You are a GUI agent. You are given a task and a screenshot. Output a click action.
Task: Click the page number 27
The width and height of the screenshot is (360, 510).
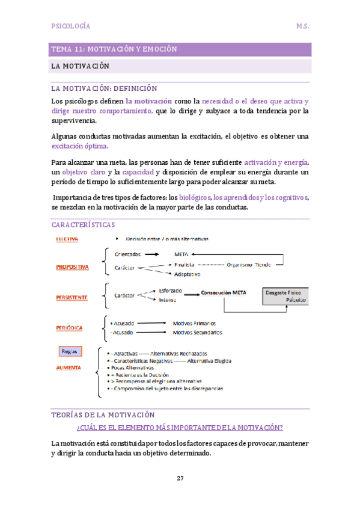tap(180, 478)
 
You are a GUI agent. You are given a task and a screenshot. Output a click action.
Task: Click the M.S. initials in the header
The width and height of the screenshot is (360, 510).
tap(302, 26)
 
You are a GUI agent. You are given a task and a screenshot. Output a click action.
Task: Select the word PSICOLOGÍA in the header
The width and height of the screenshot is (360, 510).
tap(72, 26)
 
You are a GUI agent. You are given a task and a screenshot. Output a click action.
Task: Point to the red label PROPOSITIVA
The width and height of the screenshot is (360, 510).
tap(72, 267)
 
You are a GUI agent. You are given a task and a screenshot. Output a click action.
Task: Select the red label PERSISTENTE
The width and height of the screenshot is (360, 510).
tap(72, 296)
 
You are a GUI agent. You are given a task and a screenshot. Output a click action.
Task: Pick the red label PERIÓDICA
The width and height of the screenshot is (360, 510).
tap(69, 328)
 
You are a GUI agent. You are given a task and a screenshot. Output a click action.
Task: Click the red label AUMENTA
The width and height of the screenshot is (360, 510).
tap(69, 367)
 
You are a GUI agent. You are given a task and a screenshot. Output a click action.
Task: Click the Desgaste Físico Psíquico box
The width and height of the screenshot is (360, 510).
tap(285, 295)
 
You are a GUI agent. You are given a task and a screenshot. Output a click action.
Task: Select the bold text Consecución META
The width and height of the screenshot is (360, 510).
tap(223, 293)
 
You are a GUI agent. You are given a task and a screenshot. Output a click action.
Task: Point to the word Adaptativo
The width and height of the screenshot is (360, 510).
tap(187, 274)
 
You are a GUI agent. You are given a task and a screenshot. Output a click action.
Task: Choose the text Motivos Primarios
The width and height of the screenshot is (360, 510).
tap(197, 323)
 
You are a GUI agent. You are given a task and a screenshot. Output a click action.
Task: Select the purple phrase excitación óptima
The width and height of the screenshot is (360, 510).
tap(80, 146)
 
